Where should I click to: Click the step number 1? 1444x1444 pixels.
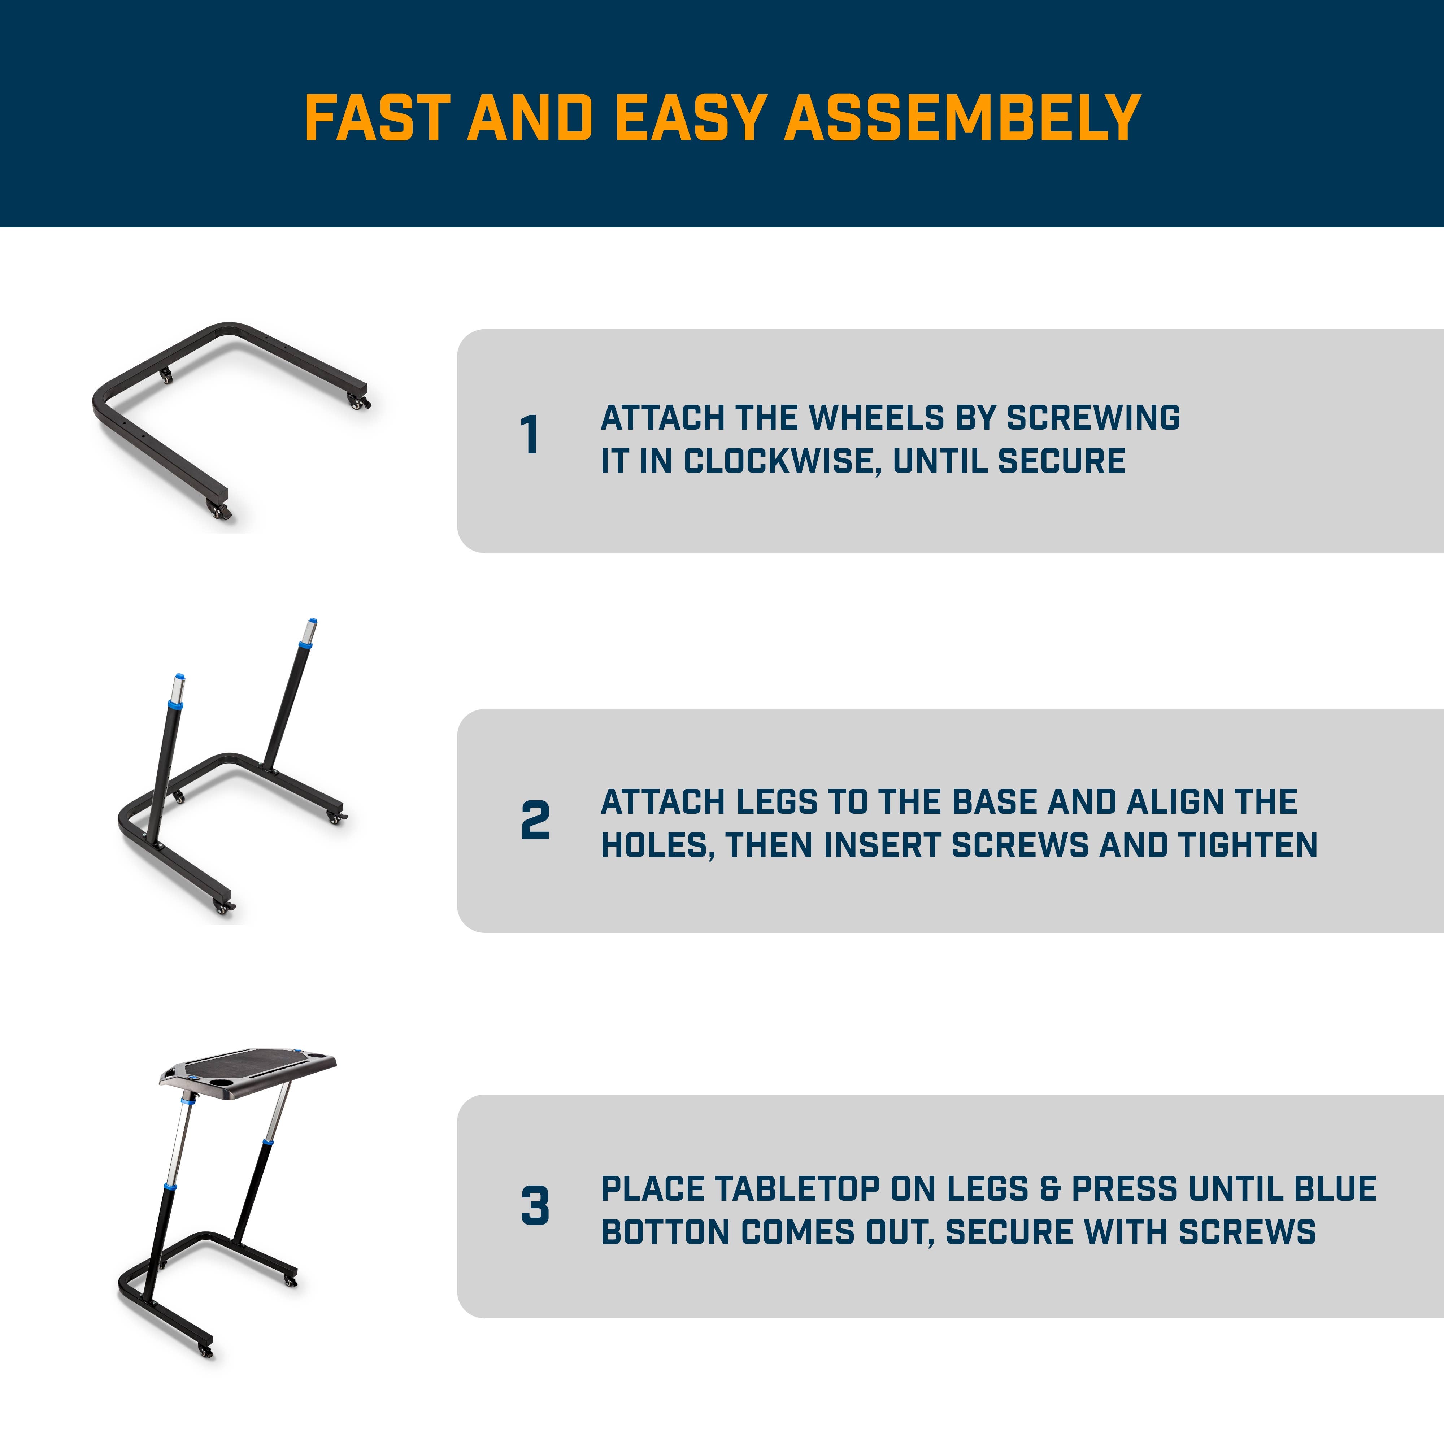(x=530, y=435)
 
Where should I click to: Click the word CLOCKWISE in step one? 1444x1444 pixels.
(x=777, y=461)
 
